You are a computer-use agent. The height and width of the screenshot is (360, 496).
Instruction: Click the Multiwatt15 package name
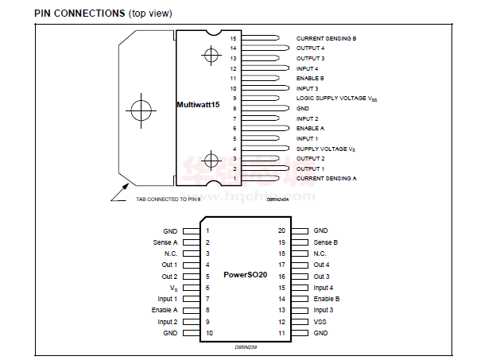tap(198, 104)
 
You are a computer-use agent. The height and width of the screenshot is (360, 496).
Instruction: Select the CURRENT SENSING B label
tap(326, 38)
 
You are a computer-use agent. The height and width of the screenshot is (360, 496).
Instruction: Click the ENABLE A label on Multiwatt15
tap(310, 128)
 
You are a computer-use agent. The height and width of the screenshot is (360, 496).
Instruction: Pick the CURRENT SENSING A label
tap(326, 178)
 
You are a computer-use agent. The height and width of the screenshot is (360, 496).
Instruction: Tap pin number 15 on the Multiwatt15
tap(234, 38)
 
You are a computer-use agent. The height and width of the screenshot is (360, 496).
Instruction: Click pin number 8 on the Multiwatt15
tap(234, 108)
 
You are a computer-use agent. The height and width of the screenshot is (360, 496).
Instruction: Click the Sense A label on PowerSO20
tap(165, 242)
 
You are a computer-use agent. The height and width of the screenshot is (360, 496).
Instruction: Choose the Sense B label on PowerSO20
tap(325, 242)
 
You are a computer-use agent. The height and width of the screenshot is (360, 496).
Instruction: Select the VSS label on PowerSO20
tap(320, 322)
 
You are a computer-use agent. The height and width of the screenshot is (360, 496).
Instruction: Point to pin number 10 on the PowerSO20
tap(209, 333)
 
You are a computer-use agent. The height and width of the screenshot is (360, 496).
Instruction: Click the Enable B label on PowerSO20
tap(326, 299)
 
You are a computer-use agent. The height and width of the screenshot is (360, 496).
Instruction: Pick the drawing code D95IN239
tap(246, 346)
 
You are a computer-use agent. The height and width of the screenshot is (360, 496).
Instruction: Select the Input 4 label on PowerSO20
tap(323, 288)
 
